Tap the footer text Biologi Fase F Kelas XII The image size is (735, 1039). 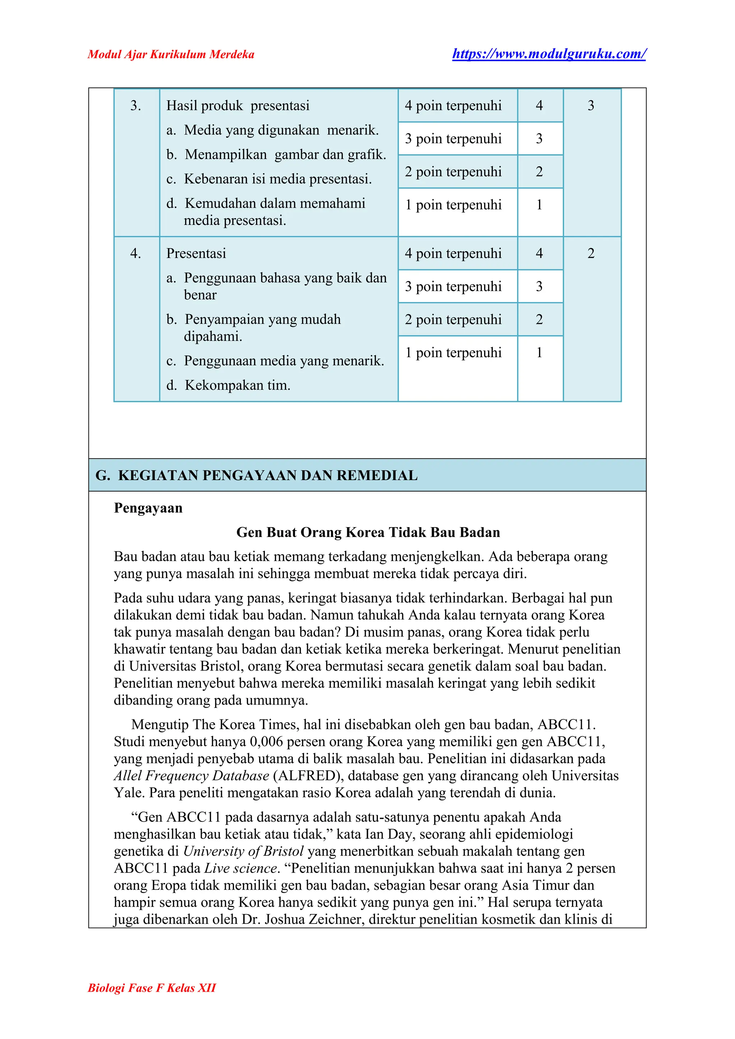pos(151,987)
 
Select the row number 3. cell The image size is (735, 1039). pos(135,105)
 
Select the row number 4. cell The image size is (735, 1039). pos(135,253)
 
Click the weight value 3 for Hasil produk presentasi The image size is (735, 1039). pos(591,105)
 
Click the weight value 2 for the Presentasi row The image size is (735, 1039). pos(591,253)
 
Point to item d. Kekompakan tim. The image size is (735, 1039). pos(228,385)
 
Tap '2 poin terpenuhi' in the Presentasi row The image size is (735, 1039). pos(453,319)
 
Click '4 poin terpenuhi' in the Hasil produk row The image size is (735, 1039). pos(453,105)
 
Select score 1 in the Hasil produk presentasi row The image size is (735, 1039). pos(539,204)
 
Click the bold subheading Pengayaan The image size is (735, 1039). pos(148,508)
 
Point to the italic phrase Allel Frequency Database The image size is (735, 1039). pos(191,776)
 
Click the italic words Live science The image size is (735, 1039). pos(240,868)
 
